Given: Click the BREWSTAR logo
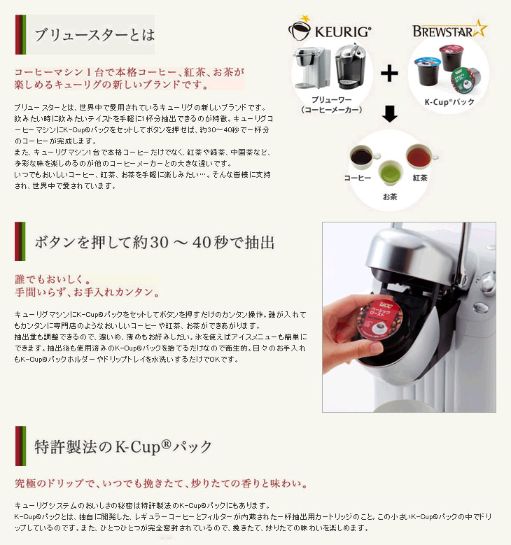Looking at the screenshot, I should (x=449, y=29).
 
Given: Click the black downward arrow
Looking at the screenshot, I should (x=389, y=114).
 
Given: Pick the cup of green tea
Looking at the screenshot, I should (x=389, y=171).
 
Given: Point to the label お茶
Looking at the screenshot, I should (x=390, y=197).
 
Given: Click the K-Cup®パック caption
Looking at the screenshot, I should (x=449, y=102).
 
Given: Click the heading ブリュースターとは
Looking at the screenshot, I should (x=94, y=35).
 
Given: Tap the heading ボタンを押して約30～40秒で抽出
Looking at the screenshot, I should (x=155, y=242).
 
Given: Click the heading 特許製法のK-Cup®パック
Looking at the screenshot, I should (x=123, y=446).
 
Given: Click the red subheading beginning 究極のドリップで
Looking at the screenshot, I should (x=162, y=483).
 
